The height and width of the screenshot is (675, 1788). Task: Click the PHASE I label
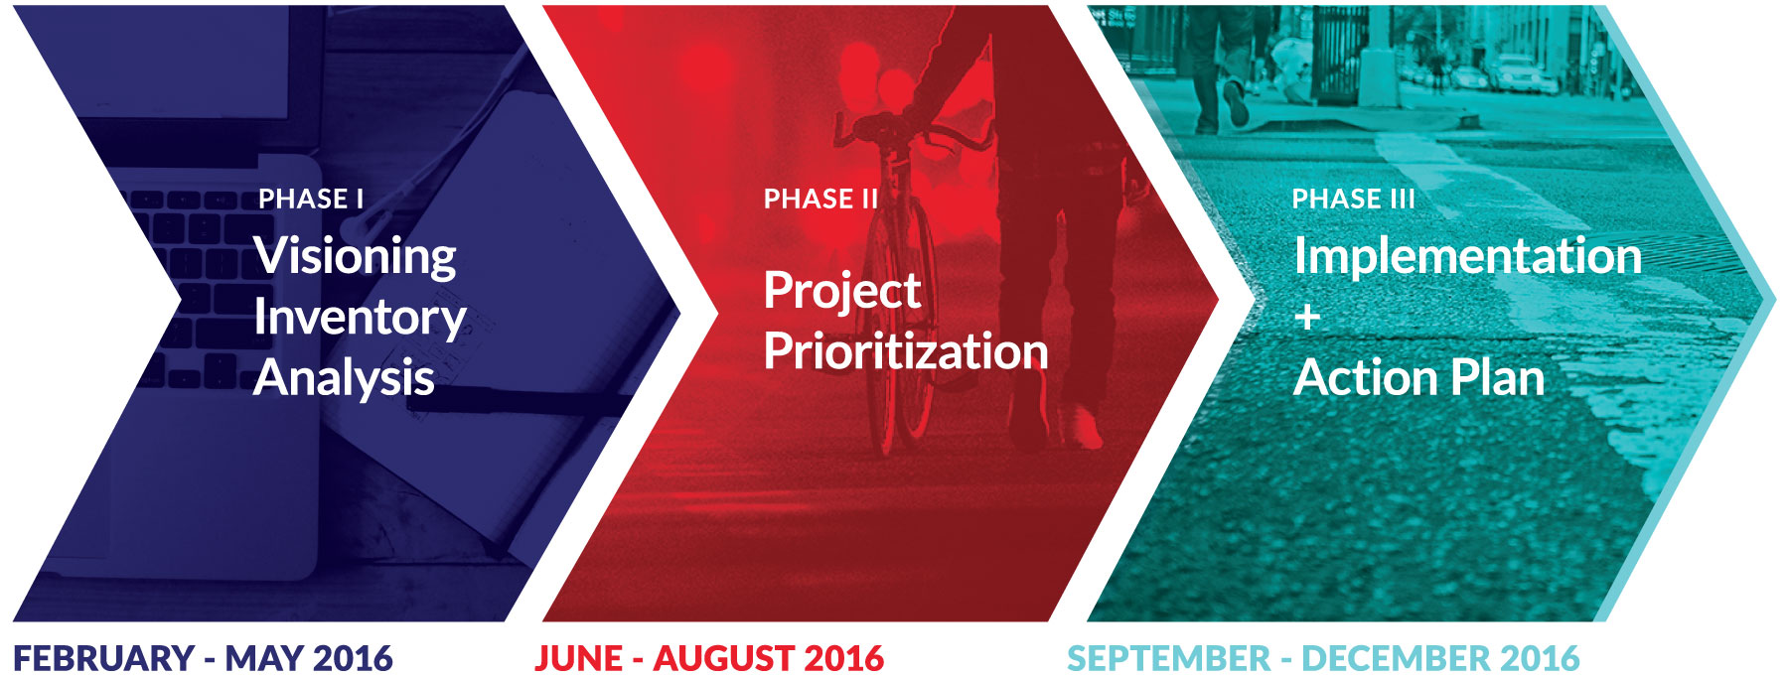311,199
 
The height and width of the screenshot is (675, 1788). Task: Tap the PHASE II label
820,199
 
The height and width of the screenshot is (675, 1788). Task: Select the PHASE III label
1353,199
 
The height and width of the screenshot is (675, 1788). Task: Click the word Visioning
355,256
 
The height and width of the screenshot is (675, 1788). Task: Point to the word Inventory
360,318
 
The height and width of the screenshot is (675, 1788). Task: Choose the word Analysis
344,378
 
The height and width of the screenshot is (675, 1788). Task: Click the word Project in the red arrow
841,291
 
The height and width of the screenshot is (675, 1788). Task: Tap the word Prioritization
905,351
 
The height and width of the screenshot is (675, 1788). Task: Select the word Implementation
1467,256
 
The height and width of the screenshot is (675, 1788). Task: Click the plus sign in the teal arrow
1307,317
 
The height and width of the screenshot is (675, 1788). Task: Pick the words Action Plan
1418,378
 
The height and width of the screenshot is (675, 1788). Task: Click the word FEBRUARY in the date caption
103,658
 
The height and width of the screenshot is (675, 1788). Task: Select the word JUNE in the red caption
578,658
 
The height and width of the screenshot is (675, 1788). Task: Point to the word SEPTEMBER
1168,658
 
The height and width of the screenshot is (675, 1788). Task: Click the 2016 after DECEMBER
1540,658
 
